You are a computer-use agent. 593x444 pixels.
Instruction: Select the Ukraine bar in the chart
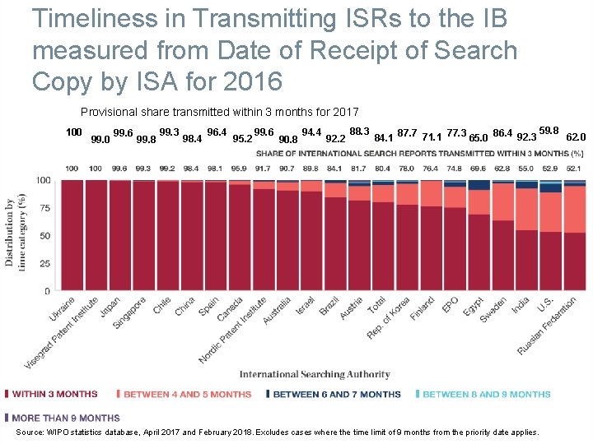72,234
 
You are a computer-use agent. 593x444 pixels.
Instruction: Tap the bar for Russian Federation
575,247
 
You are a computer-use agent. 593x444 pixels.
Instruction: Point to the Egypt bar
479,247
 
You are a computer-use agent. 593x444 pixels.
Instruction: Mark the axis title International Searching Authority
315,375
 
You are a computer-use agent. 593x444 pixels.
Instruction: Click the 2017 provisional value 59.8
549,131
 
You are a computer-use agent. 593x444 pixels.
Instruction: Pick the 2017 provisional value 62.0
576,137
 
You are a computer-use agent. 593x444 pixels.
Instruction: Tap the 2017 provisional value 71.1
432,137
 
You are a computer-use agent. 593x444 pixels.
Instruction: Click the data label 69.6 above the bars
479,168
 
